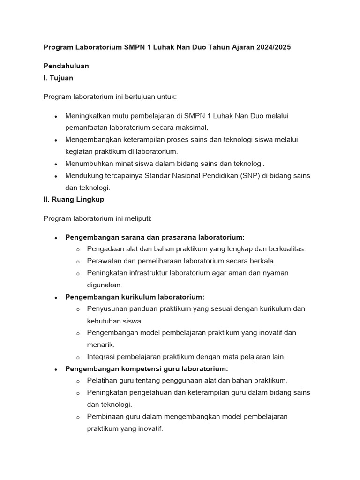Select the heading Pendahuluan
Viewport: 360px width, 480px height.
point(66,66)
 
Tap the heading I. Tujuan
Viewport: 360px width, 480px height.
point(58,78)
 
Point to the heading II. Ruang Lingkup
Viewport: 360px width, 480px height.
point(74,199)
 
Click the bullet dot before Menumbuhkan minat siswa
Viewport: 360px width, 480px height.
point(56,164)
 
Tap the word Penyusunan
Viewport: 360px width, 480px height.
point(105,309)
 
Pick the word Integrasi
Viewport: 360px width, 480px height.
point(101,357)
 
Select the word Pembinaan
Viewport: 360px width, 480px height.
point(104,417)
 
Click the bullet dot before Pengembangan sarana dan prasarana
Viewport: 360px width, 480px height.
point(56,238)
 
